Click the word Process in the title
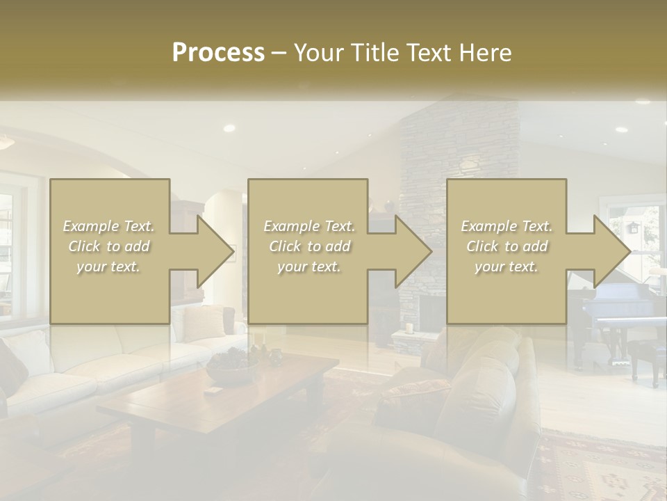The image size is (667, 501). tap(218, 53)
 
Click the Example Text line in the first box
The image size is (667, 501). tap(109, 226)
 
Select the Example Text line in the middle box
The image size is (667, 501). tap(309, 226)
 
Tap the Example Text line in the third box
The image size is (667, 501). tap(507, 226)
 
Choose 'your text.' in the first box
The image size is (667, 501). tap(109, 267)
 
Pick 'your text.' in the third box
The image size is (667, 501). tap(507, 267)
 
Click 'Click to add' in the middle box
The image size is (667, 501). tap(309, 246)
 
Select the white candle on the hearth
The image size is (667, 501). tap(409, 328)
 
